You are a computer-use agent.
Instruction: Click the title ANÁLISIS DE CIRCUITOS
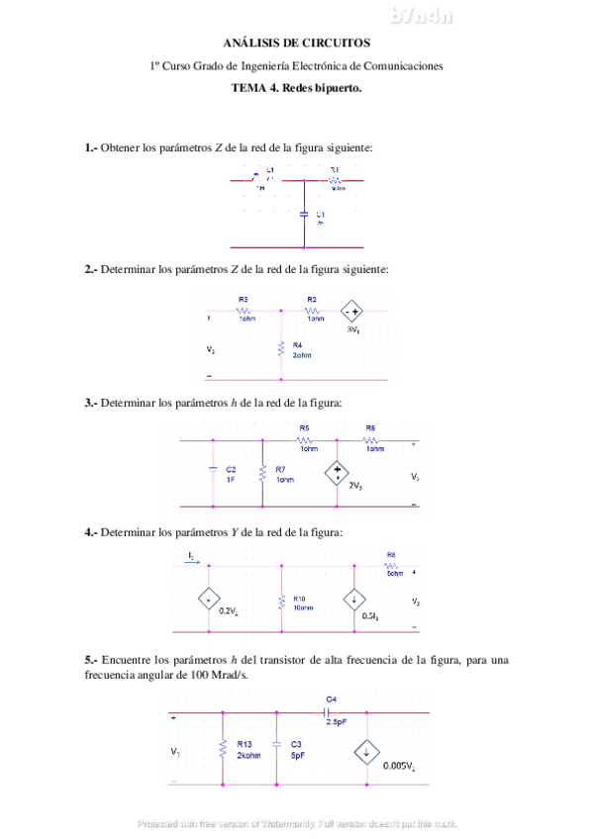click(x=296, y=44)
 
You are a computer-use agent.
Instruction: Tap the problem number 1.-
click(x=92, y=147)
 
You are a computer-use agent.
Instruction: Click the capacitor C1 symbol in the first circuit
click(x=304, y=213)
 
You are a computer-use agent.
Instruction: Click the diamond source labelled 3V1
click(x=351, y=310)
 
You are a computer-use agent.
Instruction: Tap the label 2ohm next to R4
click(x=302, y=354)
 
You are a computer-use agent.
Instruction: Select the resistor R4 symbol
click(x=282, y=348)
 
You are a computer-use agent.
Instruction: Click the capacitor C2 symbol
click(x=212, y=473)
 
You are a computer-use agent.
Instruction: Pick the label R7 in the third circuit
click(x=281, y=469)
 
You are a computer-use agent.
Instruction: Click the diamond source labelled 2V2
click(x=337, y=473)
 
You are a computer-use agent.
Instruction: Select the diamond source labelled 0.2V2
click(x=209, y=599)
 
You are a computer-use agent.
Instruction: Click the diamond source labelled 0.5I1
click(x=353, y=599)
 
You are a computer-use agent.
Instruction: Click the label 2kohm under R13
click(x=248, y=755)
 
